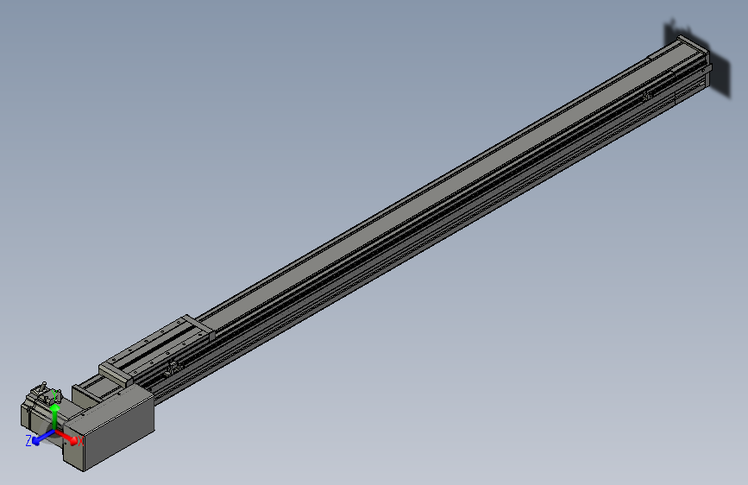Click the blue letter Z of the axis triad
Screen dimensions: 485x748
(28, 440)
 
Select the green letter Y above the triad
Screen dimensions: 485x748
(56, 394)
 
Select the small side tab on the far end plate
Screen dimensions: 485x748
(708, 78)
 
